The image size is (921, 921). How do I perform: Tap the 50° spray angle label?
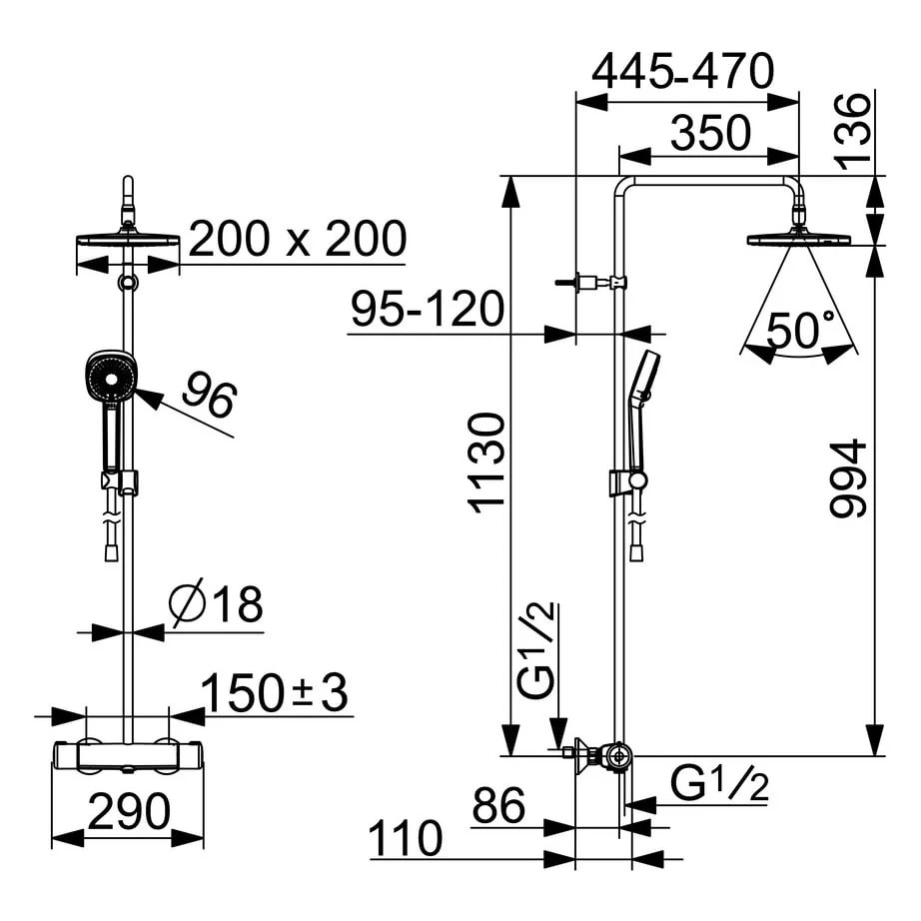pyautogui.click(x=799, y=331)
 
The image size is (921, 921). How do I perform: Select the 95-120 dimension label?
pyautogui.click(x=427, y=311)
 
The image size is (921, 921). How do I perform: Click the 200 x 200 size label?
pyautogui.click(x=298, y=240)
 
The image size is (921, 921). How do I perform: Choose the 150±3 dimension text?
pyautogui.click(x=275, y=693)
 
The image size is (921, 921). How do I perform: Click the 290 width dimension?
pyautogui.click(x=127, y=813)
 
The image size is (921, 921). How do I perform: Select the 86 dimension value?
pyautogui.click(x=499, y=805)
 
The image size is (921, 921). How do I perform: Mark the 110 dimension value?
pyautogui.click(x=405, y=839)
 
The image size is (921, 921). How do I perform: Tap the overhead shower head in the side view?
pyautogui.click(x=798, y=239)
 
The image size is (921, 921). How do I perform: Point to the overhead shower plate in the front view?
pyautogui.click(x=128, y=241)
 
